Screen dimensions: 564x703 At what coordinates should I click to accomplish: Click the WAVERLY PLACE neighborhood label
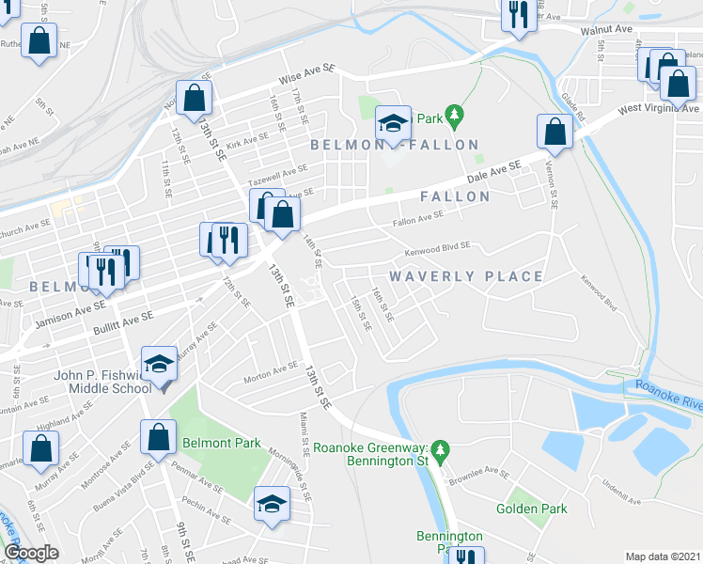pyautogui.click(x=466, y=276)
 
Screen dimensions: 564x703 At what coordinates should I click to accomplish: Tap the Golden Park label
pyautogui.click(x=532, y=509)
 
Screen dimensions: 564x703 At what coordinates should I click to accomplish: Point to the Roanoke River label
pyautogui.click(x=669, y=393)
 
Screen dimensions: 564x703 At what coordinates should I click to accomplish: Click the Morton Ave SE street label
pyautogui.click(x=271, y=372)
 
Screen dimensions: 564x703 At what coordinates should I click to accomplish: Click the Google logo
pyautogui.click(x=32, y=554)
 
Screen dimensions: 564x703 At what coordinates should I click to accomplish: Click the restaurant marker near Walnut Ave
pyautogui.click(x=518, y=15)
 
